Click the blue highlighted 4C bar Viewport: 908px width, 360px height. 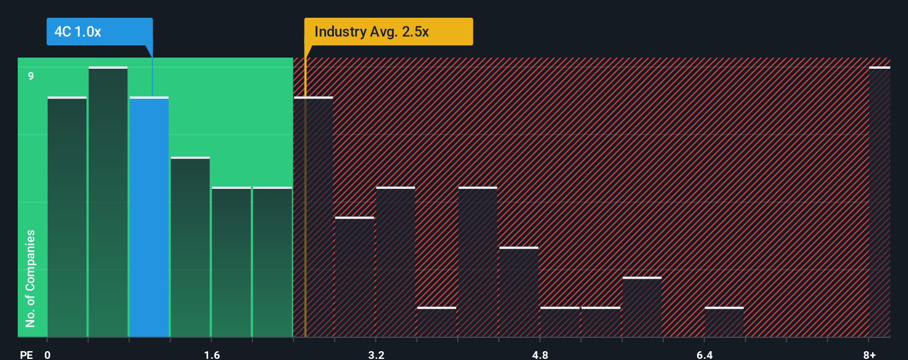[x=149, y=217]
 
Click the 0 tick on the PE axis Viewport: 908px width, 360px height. [x=48, y=354]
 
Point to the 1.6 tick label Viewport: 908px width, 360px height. [x=211, y=354]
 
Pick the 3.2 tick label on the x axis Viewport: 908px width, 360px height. [x=376, y=354]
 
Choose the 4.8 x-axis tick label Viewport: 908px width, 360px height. [x=540, y=354]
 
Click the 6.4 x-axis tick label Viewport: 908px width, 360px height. [x=704, y=354]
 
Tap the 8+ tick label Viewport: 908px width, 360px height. [x=869, y=354]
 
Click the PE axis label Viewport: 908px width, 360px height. [x=27, y=354]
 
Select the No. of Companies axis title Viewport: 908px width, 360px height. [x=30, y=278]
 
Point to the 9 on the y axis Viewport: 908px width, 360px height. [x=31, y=76]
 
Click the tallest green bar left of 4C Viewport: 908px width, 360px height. [x=108, y=202]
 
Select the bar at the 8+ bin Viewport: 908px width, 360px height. [x=879, y=202]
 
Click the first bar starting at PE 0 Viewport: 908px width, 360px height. [x=67, y=217]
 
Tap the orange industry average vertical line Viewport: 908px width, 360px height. [x=305, y=194]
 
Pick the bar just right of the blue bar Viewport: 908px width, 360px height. [x=190, y=247]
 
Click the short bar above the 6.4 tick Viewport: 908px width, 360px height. [x=724, y=322]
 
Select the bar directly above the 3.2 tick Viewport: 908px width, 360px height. [x=395, y=262]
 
